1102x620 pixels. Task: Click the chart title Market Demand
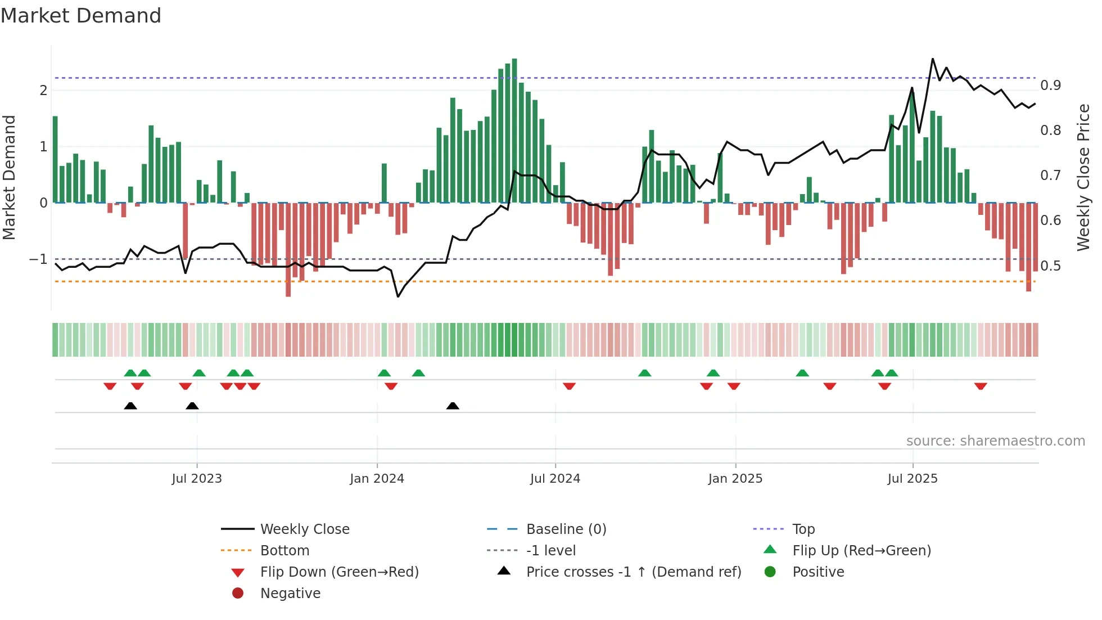pos(81,16)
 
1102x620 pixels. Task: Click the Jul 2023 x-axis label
pos(197,479)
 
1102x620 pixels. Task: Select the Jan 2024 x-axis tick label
pos(377,479)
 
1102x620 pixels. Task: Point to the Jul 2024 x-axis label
pos(555,479)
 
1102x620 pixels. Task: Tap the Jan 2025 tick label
pos(735,479)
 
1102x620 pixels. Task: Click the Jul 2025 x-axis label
pos(913,479)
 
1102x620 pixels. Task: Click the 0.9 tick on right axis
pos(1050,86)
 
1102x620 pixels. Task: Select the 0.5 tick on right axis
pos(1050,266)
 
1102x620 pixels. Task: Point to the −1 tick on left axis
pos(38,259)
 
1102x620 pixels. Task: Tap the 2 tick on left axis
pos(43,91)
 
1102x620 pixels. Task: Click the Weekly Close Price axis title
pos(1083,177)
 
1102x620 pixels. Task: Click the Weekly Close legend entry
pos(304,529)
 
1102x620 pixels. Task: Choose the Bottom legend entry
pos(284,551)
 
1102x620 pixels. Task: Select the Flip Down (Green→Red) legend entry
pos(339,572)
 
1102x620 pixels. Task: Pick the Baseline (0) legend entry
pos(566,529)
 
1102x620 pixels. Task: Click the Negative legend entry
pos(290,594)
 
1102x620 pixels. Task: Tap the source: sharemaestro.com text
pos(995,441)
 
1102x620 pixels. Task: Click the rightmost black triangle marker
pos(453,406)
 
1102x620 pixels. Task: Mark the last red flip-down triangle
pos(981,386)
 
